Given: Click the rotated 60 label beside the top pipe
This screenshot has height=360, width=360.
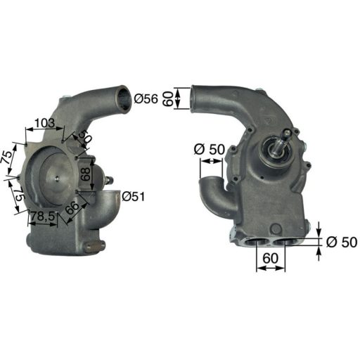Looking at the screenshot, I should [x=167, y=98].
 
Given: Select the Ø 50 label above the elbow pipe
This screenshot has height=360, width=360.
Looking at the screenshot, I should [x=207, y=149].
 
